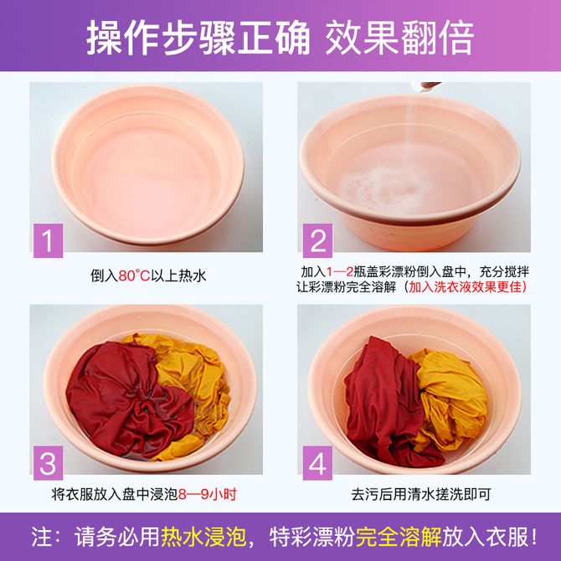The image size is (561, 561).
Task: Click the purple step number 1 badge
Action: [48, 241]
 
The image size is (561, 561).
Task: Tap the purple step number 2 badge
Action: [317, 241]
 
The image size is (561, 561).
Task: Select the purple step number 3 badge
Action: [48, 463]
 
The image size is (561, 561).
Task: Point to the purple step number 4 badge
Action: [317, 463]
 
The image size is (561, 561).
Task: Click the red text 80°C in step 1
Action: [134, 275]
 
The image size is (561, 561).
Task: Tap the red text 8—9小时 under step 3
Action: [208, 495]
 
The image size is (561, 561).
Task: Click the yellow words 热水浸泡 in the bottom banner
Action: [203, 537]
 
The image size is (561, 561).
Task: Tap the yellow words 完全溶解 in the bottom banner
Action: [399, 537]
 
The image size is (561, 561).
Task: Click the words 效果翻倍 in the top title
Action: [399, 37]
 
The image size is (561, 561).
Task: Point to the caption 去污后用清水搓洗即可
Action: [420, 495]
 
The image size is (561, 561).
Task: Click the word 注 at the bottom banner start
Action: [40, 537]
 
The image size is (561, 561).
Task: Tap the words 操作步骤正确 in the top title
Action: [198, 37]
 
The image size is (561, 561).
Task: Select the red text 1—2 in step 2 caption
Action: [340, 272]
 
